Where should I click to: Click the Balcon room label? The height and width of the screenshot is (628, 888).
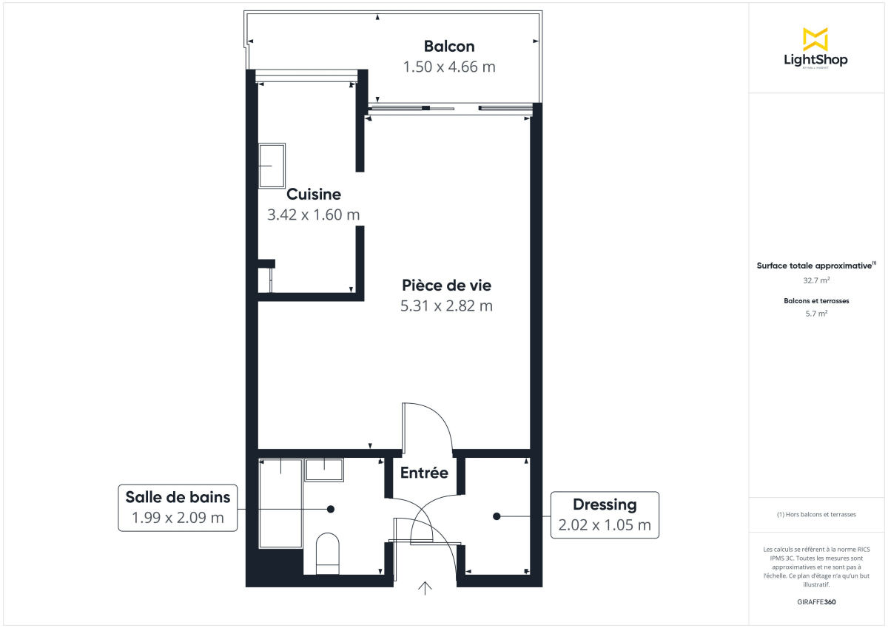448,46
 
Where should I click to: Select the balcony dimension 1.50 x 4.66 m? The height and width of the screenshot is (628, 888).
448,67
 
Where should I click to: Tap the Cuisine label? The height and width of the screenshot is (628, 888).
314,195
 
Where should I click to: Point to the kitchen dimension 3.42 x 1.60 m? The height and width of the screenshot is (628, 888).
313,215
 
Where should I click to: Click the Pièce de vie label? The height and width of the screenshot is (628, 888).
446,285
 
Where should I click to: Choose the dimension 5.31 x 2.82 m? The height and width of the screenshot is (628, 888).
446,305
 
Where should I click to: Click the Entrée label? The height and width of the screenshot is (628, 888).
424,473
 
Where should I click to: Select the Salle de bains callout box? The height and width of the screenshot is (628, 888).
178,507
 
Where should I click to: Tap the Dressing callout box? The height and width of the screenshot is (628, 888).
605,515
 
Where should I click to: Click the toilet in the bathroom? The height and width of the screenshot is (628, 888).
327,554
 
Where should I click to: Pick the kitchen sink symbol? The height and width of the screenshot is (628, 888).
272,166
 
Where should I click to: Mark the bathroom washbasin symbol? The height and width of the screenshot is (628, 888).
325,470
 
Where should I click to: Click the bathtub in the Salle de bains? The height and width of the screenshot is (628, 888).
280,503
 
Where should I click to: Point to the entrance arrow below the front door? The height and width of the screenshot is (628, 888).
425,588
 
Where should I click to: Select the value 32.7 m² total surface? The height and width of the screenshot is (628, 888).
816,280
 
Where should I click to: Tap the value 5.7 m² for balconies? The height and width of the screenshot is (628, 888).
816,313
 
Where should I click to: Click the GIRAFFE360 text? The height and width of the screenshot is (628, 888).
816,602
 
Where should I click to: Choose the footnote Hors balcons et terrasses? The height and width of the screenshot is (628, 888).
816,514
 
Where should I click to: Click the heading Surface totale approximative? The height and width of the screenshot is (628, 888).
815,265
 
